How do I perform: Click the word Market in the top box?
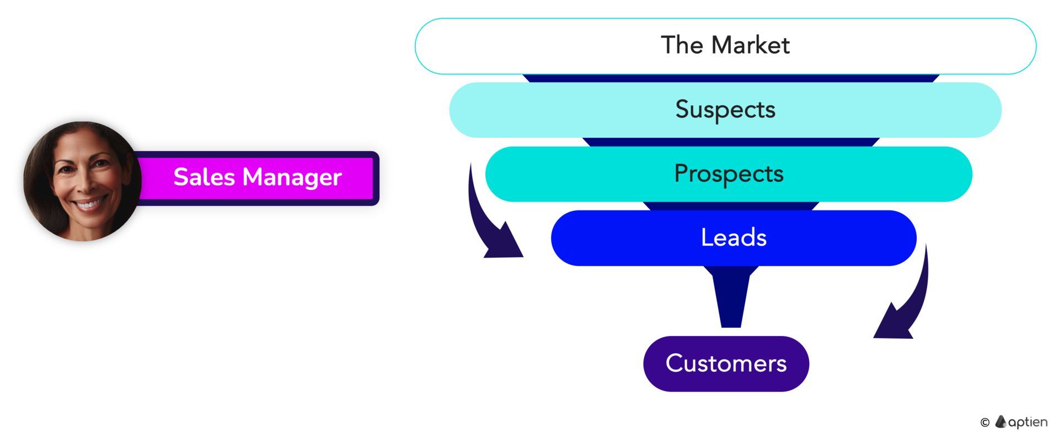pos(751,45)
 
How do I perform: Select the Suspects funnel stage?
pos(725,110)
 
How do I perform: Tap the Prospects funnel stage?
pos(729,174)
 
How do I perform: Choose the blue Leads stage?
pos(734,238)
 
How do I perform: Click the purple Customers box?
pos(726,364)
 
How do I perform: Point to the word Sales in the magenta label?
pos(204,177)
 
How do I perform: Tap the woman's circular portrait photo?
pos(82,181)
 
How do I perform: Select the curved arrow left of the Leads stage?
pos(481,220)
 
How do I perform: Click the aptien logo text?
pos(1028,422)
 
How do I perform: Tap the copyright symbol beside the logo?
pos(985,422)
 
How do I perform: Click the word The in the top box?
pos(682,45)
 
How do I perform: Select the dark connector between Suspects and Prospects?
pos(731,142)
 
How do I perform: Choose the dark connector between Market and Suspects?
pos(731,78)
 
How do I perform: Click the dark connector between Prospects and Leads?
pos(731,206)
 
